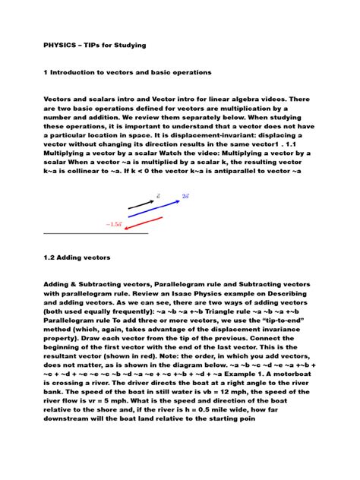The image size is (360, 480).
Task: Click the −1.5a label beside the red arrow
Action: point(114,224)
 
